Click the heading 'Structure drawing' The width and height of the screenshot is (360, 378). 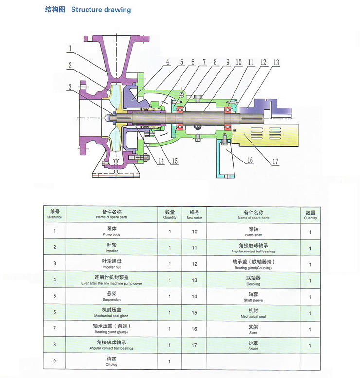101,10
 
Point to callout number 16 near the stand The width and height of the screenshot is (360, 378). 250,160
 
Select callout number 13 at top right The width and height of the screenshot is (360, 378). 276,62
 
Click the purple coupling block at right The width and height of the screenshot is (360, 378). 268,107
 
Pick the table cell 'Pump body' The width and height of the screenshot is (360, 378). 111,231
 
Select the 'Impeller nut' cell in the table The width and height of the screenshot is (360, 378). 111,264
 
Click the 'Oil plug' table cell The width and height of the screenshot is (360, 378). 111,361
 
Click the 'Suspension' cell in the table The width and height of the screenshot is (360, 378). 111,297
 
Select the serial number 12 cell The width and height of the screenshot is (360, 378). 195,264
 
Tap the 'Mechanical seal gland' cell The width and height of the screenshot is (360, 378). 111,313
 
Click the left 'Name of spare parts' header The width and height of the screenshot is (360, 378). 111,215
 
